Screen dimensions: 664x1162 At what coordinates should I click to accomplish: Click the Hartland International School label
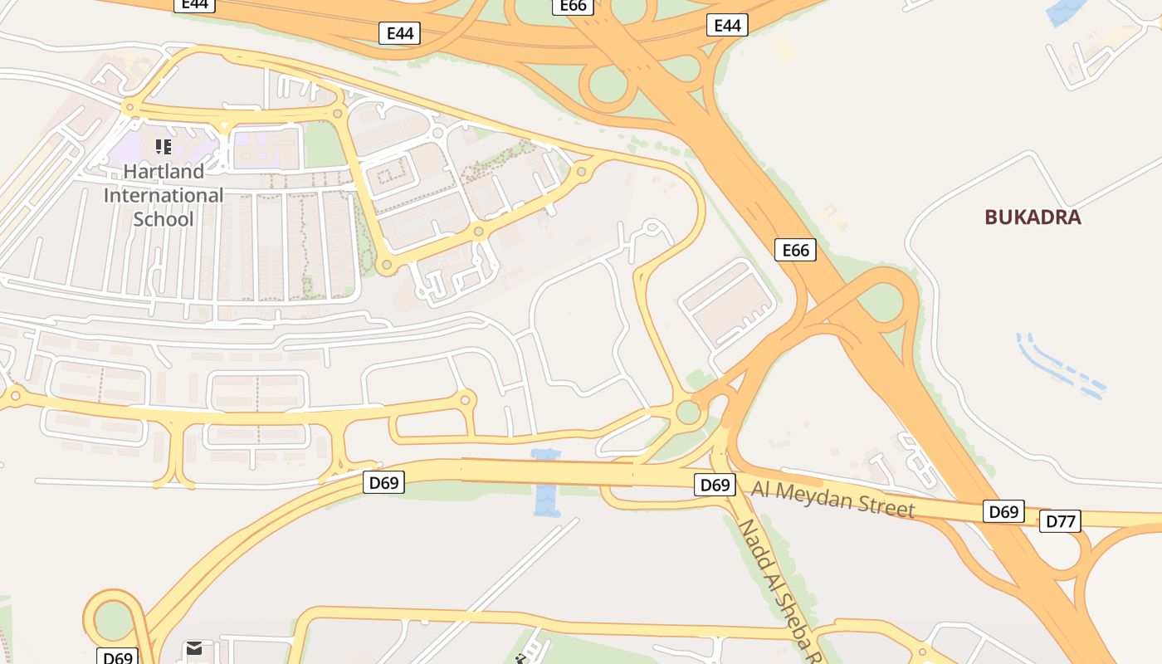(x=164, y=195)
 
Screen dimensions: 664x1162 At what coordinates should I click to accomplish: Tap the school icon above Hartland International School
(x=164, y=147)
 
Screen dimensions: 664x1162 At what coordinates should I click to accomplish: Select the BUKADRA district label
(x=1033, y=217)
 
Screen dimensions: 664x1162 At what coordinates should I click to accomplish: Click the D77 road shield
(x=1060, y=521)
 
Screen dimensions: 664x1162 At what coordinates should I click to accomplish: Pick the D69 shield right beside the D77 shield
(x=1003, y=511)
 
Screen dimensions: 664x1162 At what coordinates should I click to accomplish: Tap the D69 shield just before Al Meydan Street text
(x=715, y=485)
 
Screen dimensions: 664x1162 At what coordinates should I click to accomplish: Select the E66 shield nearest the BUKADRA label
(x=795, y=250)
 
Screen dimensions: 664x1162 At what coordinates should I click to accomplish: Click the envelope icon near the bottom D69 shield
(x=194, y=648)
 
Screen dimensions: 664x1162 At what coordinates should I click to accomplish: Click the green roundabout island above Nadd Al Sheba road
(x=688, y=412)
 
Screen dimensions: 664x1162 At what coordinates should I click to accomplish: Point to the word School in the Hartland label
(x=164, y=219)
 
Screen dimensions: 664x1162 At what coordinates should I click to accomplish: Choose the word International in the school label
(x=164, y=196)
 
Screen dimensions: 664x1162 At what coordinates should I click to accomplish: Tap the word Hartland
(x=164, y=172)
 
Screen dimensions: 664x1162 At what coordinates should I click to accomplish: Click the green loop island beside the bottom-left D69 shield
(x=115, y=619)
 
